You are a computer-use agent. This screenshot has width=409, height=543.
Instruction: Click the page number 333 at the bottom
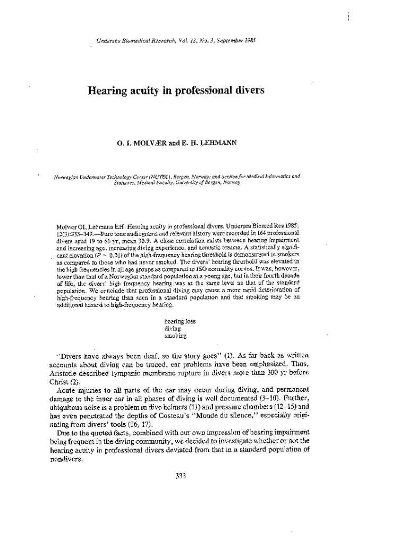point(180,476)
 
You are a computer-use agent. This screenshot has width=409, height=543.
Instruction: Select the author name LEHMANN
point(217,144)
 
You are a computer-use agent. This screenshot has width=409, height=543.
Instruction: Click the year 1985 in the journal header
point(251,40)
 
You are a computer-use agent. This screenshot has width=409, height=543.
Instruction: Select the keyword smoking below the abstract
point(175,336)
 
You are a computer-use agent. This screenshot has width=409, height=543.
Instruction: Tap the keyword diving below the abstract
point(173,329)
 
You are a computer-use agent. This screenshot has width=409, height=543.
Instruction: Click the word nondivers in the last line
point(71,459)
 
